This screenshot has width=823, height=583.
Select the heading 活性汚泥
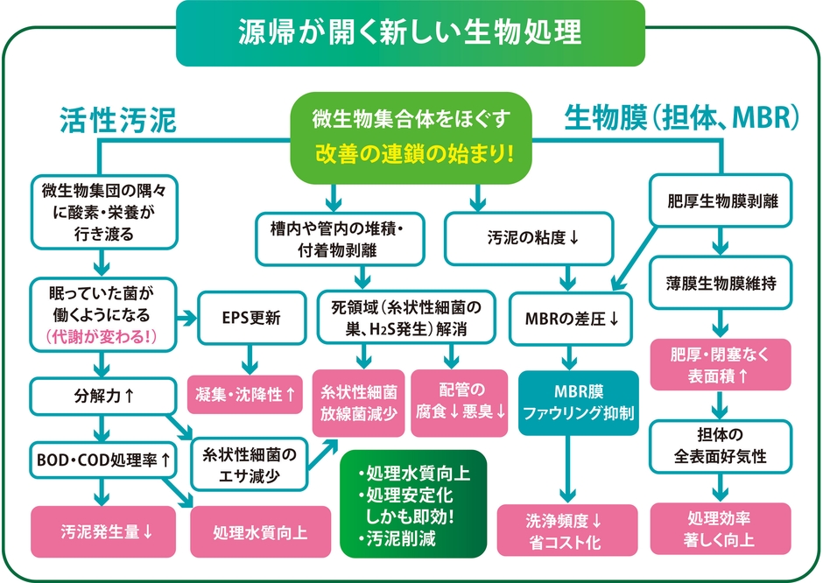(x=118, y=120)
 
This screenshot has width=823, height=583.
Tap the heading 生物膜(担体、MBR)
(x=680, y=117)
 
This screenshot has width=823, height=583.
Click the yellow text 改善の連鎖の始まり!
(x=411, y=151)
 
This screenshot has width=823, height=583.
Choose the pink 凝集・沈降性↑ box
(x=244, y=395)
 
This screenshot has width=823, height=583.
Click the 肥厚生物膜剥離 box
(x=718, y=200)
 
